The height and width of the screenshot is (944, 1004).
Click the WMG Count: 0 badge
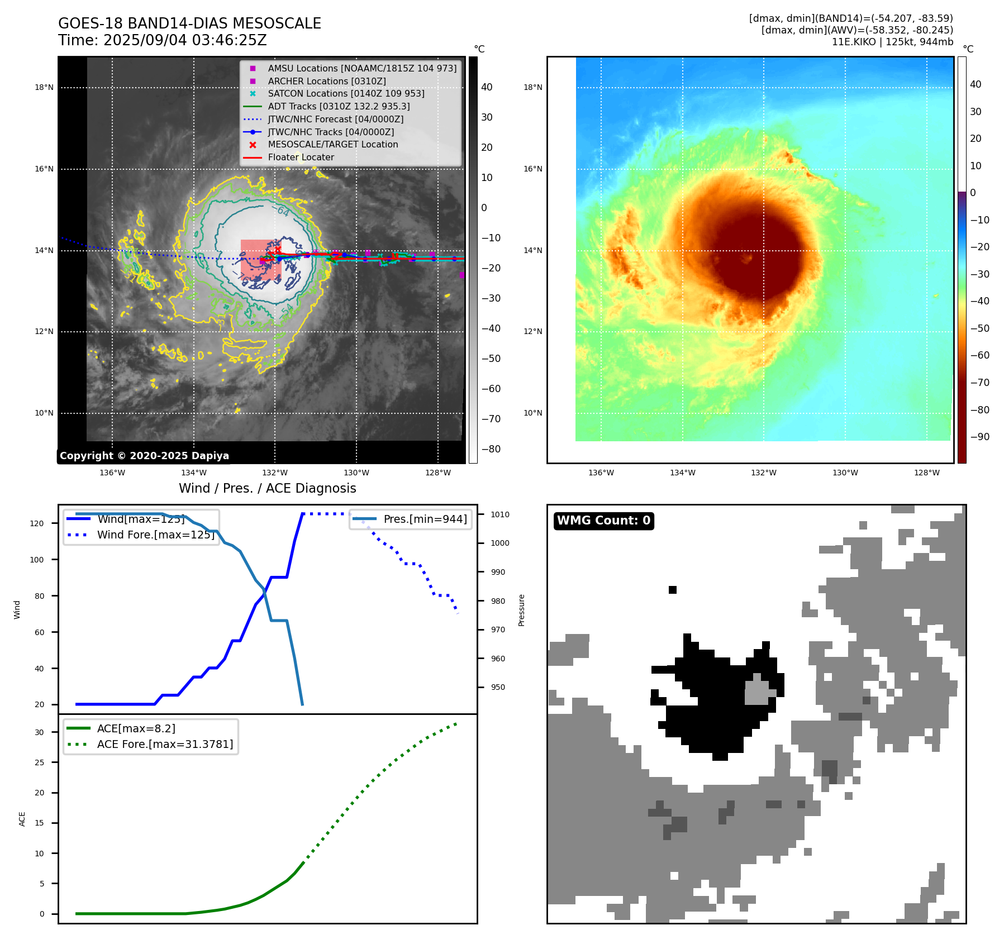(603, 521)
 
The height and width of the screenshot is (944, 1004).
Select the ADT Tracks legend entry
(339, 106)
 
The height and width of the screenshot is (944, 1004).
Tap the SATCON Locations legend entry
(346, 93)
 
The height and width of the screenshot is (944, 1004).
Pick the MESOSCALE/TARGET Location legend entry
(332, 144)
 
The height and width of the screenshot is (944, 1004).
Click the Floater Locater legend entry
(301, 157)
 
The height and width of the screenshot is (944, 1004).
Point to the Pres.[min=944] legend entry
(425, 519)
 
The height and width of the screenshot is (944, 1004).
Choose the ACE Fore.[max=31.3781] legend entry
(165, 744)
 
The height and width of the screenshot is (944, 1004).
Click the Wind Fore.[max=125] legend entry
(155, 535)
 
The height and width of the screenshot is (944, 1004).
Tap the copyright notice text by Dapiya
(144, 456)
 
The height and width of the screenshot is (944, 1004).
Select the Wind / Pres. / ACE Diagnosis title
(267, 488)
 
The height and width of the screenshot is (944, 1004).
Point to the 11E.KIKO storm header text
(892, 42)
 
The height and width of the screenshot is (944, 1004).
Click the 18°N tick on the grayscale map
(44, 87)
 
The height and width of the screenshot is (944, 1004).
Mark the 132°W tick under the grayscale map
(275, 473)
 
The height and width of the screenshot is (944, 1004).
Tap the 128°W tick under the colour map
(926, 473)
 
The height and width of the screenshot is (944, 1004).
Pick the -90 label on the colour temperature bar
(980, 437)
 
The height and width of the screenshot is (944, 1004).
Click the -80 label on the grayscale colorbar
(491, 449)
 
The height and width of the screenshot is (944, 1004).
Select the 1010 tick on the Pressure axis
(500, 514)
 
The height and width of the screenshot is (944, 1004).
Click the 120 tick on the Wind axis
(36, 523)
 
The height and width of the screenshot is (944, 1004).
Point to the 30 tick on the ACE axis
(39, 732)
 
